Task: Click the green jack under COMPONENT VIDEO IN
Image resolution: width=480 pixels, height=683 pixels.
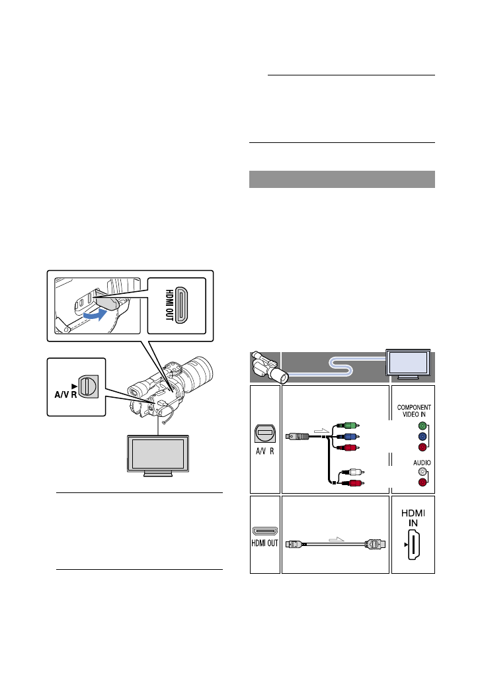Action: (x=422, y=426)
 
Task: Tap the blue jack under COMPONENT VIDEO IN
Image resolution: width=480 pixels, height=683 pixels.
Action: (x=422, y=437)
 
